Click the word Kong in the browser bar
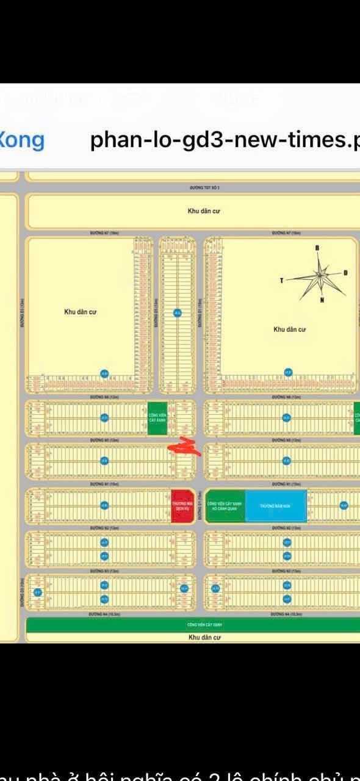(x=21, y=140)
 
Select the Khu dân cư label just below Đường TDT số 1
(x=203, y=211)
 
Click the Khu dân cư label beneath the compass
(x=289, y=329)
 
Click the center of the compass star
(x=319, y=276)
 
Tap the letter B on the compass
(x=317, y=248)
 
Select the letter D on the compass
(x=345, y=273)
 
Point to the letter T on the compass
(x=282, y=281)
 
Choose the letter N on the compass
(x=322, y=300)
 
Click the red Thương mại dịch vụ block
(x=182, y=506)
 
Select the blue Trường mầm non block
(x=276, y=506)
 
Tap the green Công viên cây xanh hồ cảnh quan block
(x=225, y=506)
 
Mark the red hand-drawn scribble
(x=185, y=447)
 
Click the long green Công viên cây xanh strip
(x=193, y=625)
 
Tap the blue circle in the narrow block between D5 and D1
(x=177, y=313)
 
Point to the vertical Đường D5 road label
(x=156, y=317)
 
